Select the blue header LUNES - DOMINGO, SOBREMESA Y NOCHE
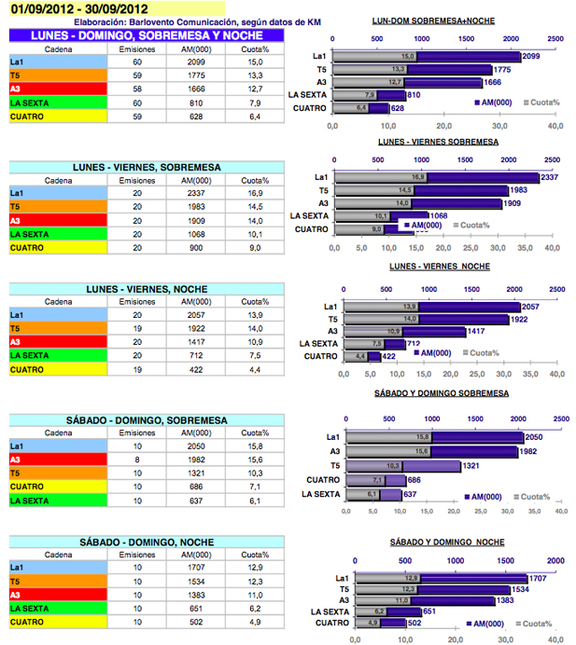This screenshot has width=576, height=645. coord(147,34)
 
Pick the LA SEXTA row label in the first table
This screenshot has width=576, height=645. coord(31,103)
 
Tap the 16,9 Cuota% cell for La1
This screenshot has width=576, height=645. coord(248,194)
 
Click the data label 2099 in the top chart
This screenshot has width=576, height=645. coord(530,57)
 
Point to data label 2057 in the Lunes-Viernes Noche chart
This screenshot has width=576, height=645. coord(530,307)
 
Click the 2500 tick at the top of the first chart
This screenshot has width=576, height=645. coord(555,40)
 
